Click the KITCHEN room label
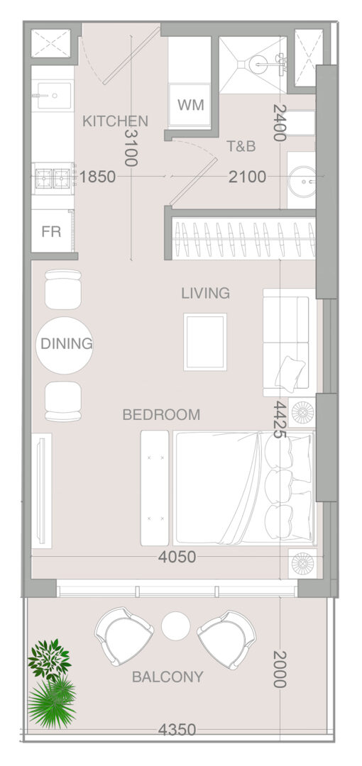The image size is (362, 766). [115, 121]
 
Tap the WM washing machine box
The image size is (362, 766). [190, 105]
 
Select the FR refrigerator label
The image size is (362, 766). [51, 231]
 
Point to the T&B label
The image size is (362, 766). [241, 146]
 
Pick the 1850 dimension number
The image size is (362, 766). [97, 177]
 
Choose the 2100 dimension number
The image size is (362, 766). [248, 177]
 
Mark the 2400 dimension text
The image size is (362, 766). [280, 123]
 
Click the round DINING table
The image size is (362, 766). [65, 345]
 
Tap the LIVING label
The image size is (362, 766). [205, 293]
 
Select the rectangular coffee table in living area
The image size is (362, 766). [205, 342]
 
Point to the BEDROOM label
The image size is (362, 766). [161, 415]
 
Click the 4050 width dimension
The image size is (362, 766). [177, 557]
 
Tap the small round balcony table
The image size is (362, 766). [176, 626]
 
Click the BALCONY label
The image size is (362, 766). [168, 677]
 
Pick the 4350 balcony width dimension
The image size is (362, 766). [177, 730]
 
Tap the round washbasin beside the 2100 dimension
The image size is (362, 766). [302, 182]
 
